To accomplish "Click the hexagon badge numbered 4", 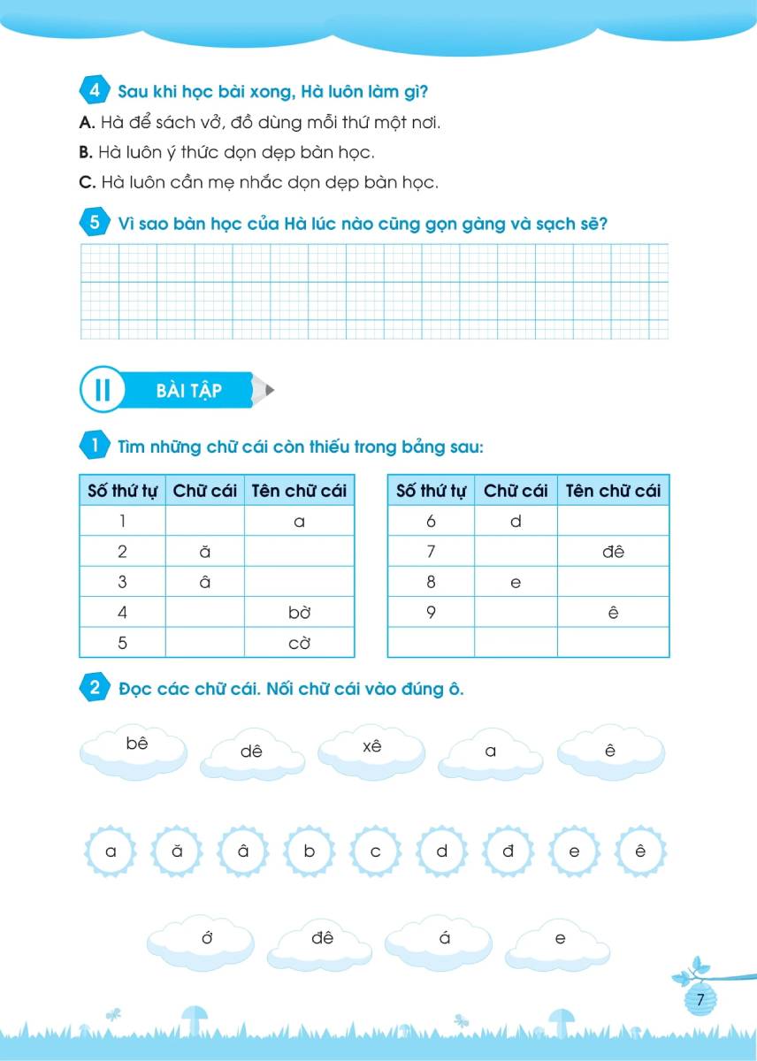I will pos(94,91).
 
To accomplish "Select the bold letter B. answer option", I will pos(86,152).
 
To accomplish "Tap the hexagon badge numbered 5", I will pos(94,223).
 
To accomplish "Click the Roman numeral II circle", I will pos(103,390).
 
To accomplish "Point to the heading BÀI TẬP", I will pos(188,391).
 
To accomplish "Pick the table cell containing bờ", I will pos(299,613).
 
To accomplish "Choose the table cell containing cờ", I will pos(299,643).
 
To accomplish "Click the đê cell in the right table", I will pos(613,552).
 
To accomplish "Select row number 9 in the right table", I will pos(431,612).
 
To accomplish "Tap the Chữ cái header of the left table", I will pos(205,491).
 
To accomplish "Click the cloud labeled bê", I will pos(137,746).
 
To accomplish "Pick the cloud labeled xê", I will pos(371,749).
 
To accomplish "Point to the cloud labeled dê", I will pos(252,754).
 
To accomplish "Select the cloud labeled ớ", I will pos(208,941).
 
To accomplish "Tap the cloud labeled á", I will pos(445,941).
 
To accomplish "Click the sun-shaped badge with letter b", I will pos(310,852).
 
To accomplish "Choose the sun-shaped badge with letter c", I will pos(375,852).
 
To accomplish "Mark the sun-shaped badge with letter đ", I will pos(508,852).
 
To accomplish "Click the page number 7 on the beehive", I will pos(700,1000).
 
